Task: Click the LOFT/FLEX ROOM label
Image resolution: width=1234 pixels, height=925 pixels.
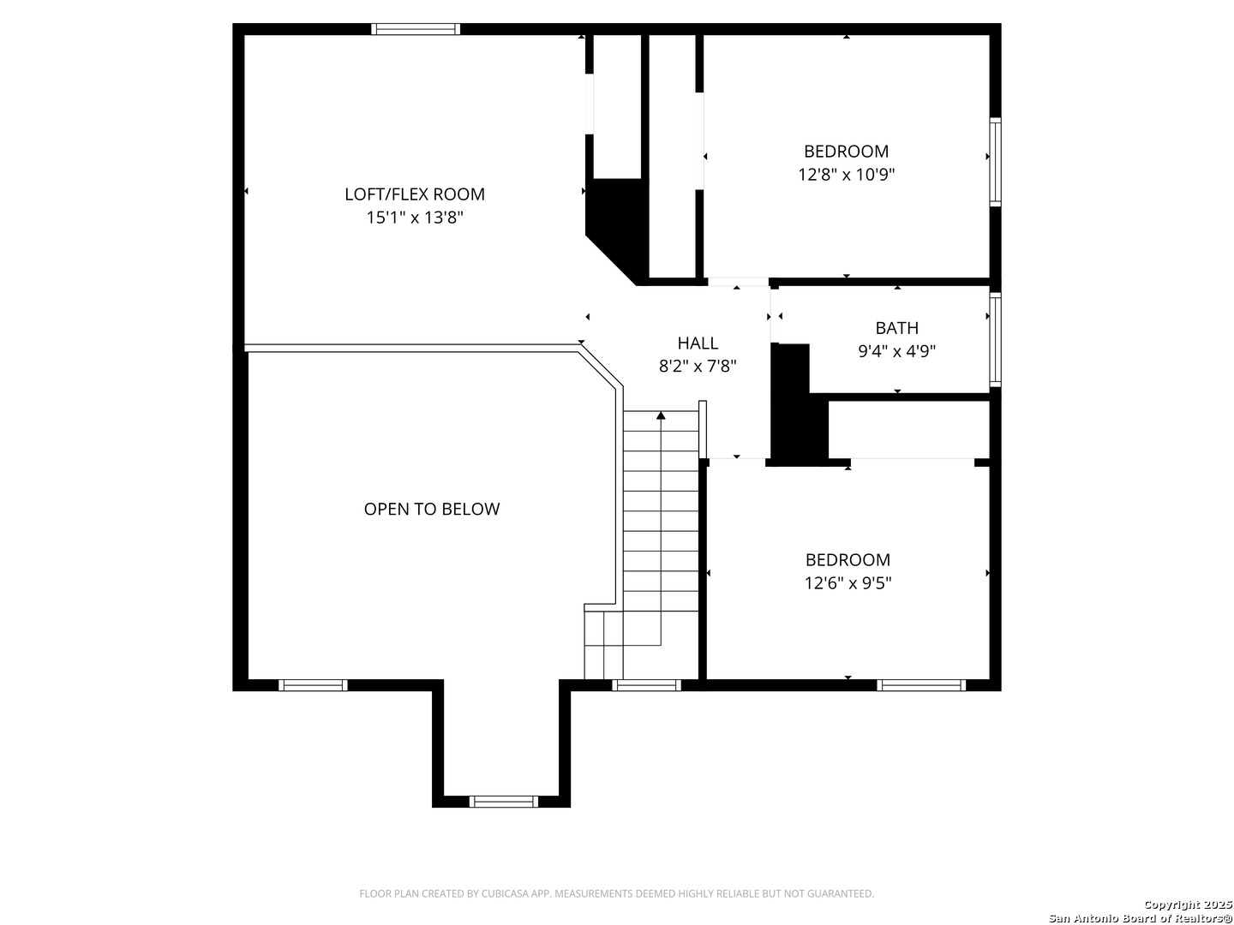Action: (x=414, y=194)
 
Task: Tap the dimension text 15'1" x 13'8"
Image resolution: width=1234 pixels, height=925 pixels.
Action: (x=414, y=218)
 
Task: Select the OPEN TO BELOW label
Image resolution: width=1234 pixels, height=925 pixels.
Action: (x=431, y=509)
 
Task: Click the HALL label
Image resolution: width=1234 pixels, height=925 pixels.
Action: (x=697, y=343)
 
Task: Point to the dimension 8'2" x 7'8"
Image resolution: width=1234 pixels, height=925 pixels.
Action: (x=697, y=367)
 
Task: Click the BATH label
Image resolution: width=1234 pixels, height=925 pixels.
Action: (x=896, y=327)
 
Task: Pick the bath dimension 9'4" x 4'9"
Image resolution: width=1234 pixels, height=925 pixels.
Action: (x=896, y=351)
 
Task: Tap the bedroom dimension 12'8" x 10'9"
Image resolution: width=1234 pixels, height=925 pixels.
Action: (x=846, y=175)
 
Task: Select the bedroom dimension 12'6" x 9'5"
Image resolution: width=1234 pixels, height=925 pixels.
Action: (x=848, y=583)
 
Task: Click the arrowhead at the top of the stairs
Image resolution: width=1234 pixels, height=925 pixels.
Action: (x=661, y=415)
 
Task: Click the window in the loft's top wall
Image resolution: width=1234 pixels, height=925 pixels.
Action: (x=416, y=29)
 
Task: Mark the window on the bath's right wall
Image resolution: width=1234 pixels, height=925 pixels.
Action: (x=995, y=339)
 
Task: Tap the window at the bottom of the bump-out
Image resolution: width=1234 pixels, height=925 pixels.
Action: (x=503, y=802)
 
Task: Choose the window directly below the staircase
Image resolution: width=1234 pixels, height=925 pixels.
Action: (x=646, y=685)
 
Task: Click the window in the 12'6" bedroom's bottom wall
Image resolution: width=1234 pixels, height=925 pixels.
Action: (x=921, y=685)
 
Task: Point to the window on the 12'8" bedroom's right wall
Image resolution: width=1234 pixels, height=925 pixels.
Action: (x=995, y=162)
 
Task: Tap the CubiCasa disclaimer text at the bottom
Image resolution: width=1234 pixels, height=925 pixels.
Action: (x=617, y=893)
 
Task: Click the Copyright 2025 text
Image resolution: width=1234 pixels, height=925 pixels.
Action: (x=1188, y=904)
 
